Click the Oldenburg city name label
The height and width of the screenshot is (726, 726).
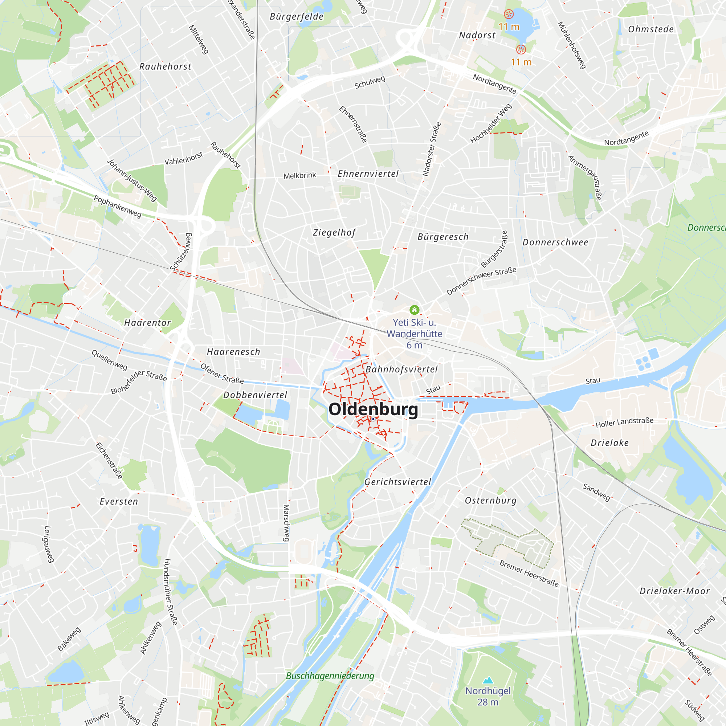coord(373,409)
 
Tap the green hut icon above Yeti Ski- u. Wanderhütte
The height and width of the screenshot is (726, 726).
coord(414,310)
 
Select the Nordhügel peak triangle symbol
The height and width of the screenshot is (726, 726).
coord(488,680)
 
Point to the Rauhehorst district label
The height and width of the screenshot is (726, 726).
coord(165,66)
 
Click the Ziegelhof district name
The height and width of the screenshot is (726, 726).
coord(334,232)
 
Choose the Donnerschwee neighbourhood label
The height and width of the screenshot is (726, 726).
coord(555,242)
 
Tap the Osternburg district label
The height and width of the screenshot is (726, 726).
coord(491,501)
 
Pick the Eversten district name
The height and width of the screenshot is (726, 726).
coord(119,502)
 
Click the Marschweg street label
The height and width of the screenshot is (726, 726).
coord(286,523)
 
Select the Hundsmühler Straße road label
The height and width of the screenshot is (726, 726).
coord(171,591)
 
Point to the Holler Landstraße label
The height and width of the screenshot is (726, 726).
coord(624,423)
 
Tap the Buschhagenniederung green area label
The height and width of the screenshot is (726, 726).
coord(330,676)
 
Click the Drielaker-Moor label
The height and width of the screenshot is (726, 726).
coord(674,591)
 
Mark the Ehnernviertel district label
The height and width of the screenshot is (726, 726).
coord(368,174)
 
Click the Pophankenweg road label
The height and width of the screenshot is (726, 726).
coord(118,206)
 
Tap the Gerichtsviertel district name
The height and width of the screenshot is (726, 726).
coord(397,482)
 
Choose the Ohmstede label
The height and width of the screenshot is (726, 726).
coord(651,29)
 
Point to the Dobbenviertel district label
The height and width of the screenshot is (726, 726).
coord(255,395)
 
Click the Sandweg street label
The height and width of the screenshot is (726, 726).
coord(596,492)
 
